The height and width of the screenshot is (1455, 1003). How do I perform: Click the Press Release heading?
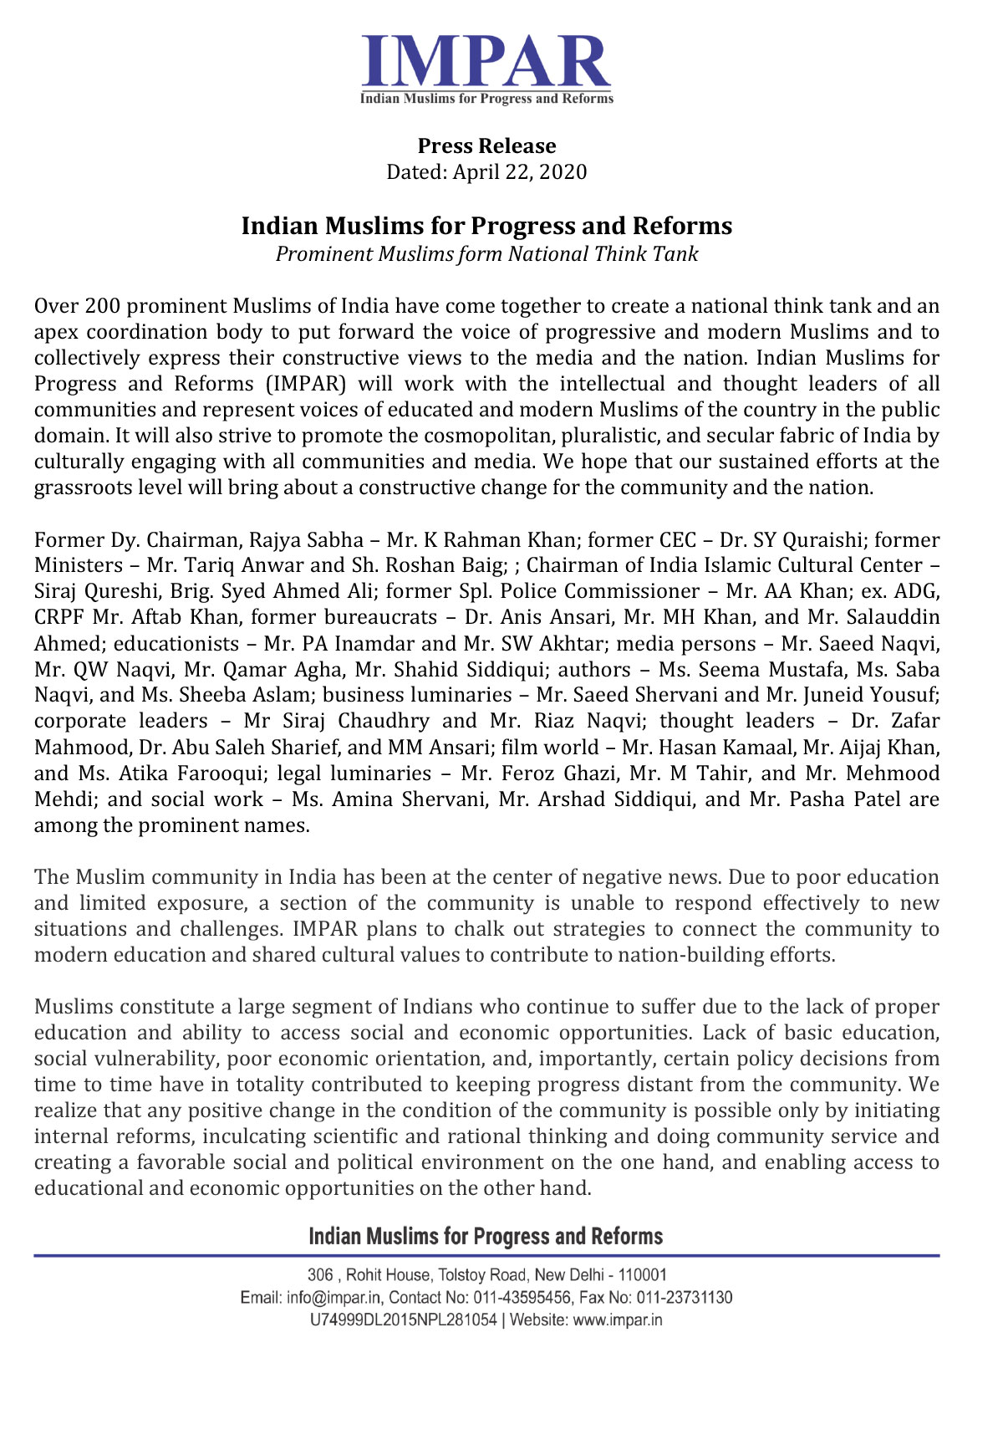coord(486,145)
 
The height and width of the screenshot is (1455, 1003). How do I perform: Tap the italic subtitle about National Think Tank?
coord(486,253)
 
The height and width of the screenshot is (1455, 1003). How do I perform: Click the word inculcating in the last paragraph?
coord(255,1136)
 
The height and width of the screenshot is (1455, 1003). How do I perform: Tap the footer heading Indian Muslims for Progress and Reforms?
coord(486,1236)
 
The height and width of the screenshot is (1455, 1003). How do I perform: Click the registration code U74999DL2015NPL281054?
coord(403,1320)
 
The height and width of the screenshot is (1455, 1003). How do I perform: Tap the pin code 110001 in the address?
coord(642,1275)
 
